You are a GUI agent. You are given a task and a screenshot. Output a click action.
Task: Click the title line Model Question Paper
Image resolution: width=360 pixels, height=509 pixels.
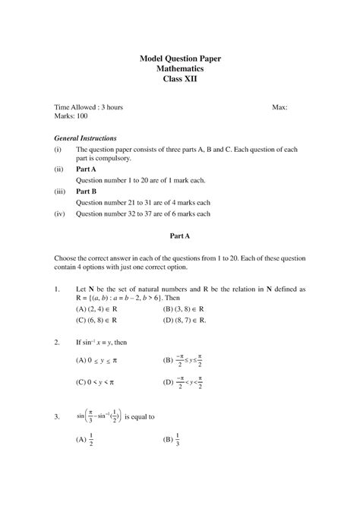click(180, 58)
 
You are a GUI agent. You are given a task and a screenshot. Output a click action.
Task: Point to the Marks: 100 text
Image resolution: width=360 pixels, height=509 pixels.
click(71, 118)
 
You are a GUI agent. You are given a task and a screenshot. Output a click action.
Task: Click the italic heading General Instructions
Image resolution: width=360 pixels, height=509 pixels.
click(86, 139)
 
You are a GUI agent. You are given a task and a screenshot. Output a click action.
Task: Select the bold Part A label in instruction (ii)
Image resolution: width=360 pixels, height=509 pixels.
click(86, 169)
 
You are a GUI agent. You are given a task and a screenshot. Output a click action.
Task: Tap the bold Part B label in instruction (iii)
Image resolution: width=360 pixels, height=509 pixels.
click(86, 193)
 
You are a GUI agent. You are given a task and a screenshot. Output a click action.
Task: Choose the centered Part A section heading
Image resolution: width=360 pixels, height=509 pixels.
click(180, 237)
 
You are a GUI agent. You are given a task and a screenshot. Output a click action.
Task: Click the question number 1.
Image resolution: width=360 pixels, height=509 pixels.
click(58, 289)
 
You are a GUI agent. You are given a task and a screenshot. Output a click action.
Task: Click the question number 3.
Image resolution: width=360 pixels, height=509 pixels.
click(58, 417)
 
